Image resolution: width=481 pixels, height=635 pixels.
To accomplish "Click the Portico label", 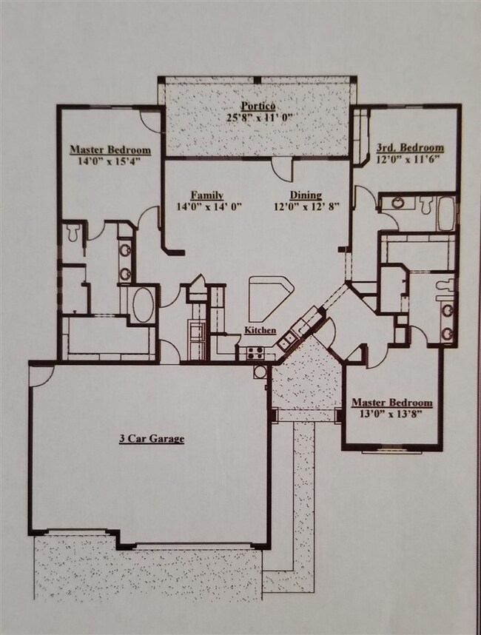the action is pos(258,106).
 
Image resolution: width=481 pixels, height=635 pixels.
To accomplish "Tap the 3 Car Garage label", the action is pos(152,439).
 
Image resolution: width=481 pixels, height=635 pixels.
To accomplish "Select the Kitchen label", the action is pos(260,330).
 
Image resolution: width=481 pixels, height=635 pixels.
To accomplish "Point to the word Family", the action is pos(207,195).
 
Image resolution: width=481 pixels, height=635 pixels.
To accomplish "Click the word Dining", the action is pos(306,195).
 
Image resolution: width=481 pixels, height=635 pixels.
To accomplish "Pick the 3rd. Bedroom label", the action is pos(410,147).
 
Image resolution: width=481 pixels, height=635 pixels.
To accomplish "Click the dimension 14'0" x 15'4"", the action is pos(110,161).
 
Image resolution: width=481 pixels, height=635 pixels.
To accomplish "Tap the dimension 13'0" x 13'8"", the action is pos(391,414).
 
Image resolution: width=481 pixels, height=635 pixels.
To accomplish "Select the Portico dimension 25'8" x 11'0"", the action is pos(259,118).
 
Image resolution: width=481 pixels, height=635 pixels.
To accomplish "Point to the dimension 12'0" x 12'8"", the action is pos(306,206).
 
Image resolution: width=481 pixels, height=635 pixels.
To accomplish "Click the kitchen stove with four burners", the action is pos(255,353).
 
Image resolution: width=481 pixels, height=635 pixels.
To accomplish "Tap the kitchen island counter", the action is pos(269,293).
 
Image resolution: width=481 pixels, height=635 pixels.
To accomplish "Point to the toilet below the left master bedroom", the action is pos(73,232).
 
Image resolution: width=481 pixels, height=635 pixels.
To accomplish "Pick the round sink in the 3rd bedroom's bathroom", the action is pos(397,203).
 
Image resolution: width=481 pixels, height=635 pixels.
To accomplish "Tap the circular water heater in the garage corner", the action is pos(260,372).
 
